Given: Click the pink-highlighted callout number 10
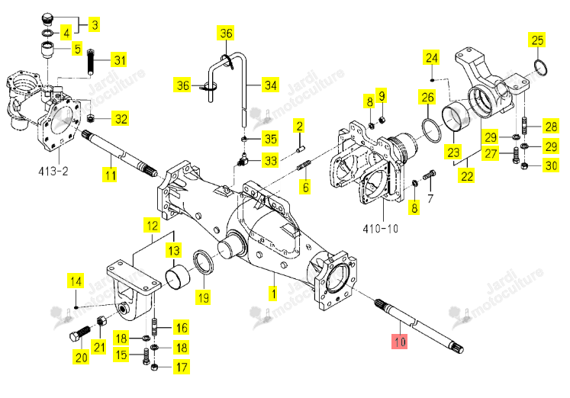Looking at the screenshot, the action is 399,342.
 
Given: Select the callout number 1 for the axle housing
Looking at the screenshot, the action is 272,293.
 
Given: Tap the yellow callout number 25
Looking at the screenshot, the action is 537,40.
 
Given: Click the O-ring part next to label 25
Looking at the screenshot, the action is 540,68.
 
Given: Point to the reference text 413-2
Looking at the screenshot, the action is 53,171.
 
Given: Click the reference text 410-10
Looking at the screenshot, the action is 380,229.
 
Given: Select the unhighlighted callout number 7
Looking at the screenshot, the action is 430,198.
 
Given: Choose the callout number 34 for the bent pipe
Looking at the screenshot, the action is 270,85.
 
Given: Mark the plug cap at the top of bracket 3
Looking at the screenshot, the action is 47,18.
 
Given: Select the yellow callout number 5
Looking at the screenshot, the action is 77,48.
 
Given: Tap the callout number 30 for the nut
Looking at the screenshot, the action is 551,165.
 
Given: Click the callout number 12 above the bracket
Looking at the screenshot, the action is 152,226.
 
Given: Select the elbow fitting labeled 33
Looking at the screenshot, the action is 241,159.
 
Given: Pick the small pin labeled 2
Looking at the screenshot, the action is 301,149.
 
